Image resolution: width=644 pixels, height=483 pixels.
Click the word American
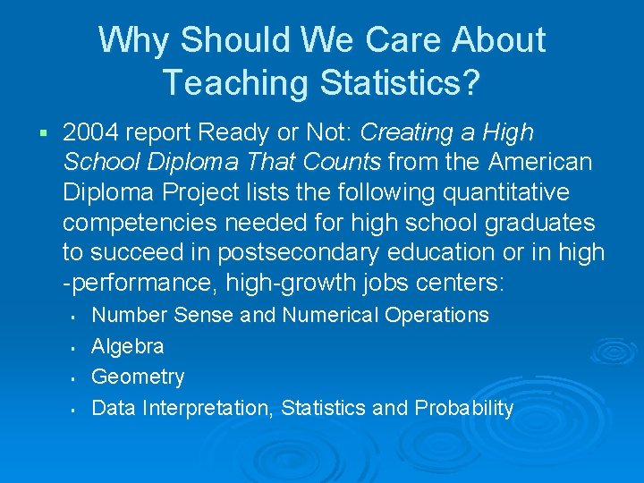pos(540,163)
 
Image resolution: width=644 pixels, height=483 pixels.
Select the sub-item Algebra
pos(128,346)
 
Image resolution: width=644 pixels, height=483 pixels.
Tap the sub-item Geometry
pos(138,377)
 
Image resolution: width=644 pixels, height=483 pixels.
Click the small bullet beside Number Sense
pos(71,316)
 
